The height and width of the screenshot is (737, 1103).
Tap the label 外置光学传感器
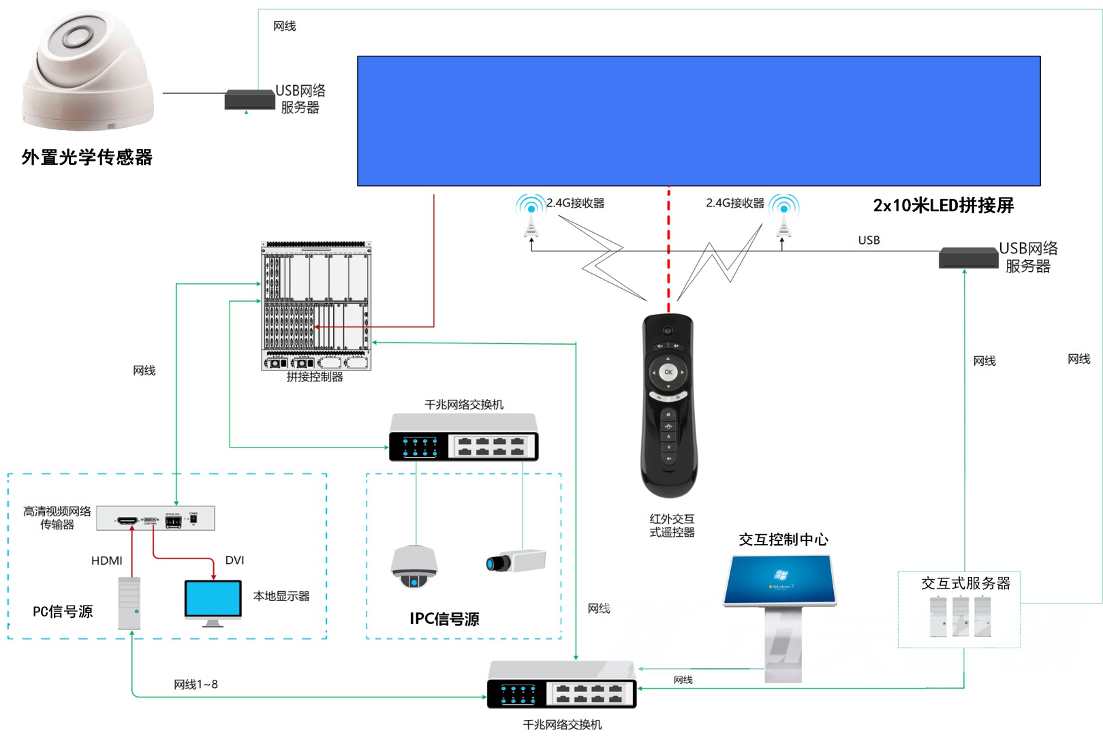(x=87, y=157)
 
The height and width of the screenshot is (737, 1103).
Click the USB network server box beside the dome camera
(x=249, y=99)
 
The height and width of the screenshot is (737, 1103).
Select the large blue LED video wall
(x=698, y=121)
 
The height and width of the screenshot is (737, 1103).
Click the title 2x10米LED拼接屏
(x=943, y=205)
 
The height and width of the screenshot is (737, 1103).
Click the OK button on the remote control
(x=668, y=372)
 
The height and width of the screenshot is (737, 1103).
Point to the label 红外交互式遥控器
(x=672, y=525)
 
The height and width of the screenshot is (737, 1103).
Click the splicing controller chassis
(x=316, y=304)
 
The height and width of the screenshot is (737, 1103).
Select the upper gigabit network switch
(x=463, y=438)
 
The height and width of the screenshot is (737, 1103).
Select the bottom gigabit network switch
(x=561, y=685)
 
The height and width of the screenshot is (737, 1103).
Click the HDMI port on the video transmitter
(x=127, y=520)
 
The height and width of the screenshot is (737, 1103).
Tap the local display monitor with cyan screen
(x=213, y=600)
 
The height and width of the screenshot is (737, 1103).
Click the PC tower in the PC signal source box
(x=129, y=603)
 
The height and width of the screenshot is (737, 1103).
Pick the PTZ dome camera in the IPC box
(x=414, y=566)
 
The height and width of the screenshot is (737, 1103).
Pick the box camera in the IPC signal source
(x=516, y=561)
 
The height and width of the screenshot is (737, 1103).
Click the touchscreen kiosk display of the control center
(x=780, y=580)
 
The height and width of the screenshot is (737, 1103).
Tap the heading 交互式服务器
(x=965, y=583)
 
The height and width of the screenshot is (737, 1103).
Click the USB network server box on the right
(x=968, y=258)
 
